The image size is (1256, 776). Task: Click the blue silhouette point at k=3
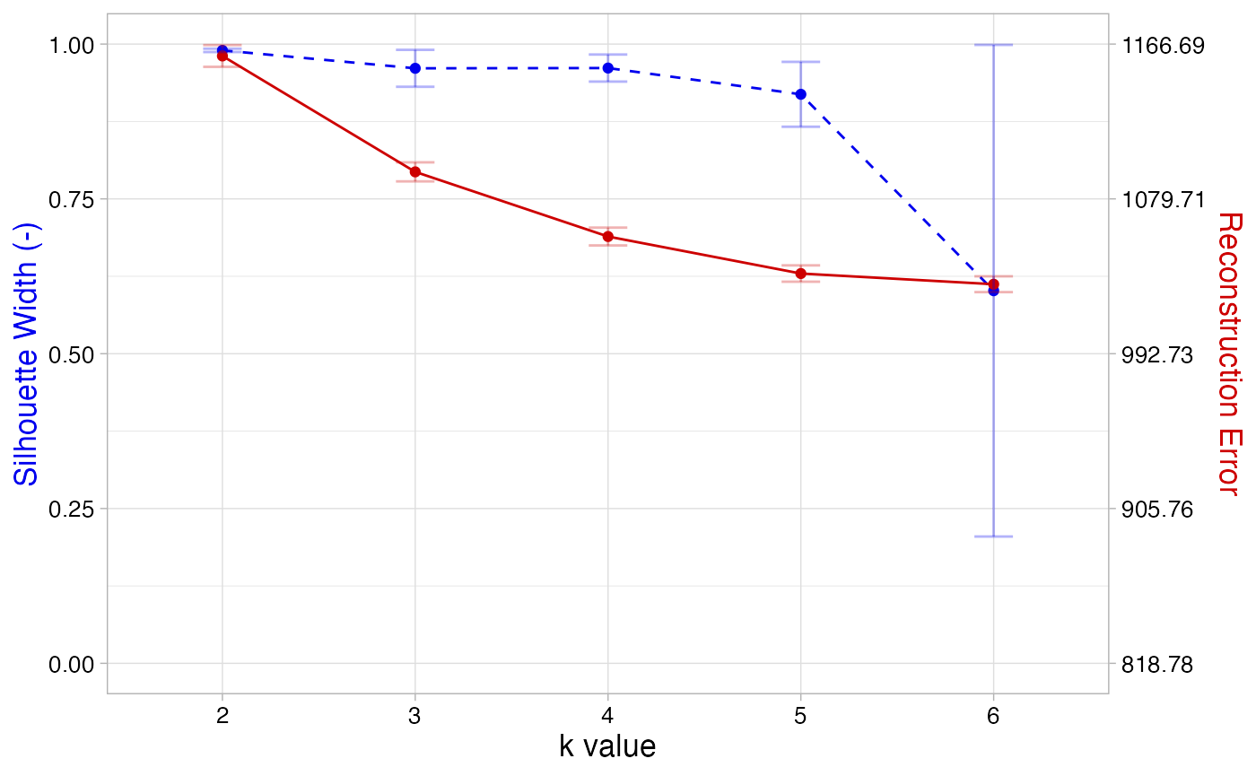point(415,68)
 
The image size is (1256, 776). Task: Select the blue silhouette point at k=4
point(608,68)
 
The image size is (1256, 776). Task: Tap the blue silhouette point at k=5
point(800,94)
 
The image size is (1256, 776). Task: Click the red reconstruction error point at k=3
point(415,171)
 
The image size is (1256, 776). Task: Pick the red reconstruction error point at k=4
point(608,237)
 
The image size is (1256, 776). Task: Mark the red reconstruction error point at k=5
point(800,274)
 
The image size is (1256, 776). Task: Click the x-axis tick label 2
point(222,715)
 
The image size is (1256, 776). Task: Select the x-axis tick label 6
point(993,715)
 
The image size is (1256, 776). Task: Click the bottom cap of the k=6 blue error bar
point(993,536)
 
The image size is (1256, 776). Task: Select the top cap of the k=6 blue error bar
point(993,45)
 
